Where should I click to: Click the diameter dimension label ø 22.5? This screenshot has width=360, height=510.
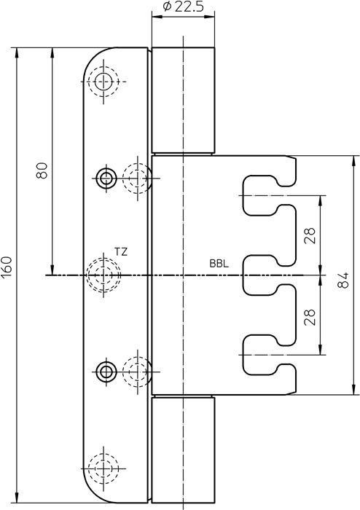(x=183, y=8)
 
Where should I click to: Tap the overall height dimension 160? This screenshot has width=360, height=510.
(x=8, y=266)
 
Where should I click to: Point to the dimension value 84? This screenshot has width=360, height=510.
(x=345, y=275)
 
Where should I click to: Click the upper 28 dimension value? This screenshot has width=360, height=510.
(x=310, y=235)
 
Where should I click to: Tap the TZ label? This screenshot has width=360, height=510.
(x=121, y=251)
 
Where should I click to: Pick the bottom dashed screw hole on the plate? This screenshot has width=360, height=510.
(x=104, y=467)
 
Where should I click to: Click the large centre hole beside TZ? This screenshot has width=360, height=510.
(x=103, y=275)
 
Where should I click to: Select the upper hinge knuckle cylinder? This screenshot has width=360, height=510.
(x=184, y=101)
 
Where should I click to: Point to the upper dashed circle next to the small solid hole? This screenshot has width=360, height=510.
(x=137, y=176)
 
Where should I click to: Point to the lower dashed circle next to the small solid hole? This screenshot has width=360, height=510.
(x=137, y=372)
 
